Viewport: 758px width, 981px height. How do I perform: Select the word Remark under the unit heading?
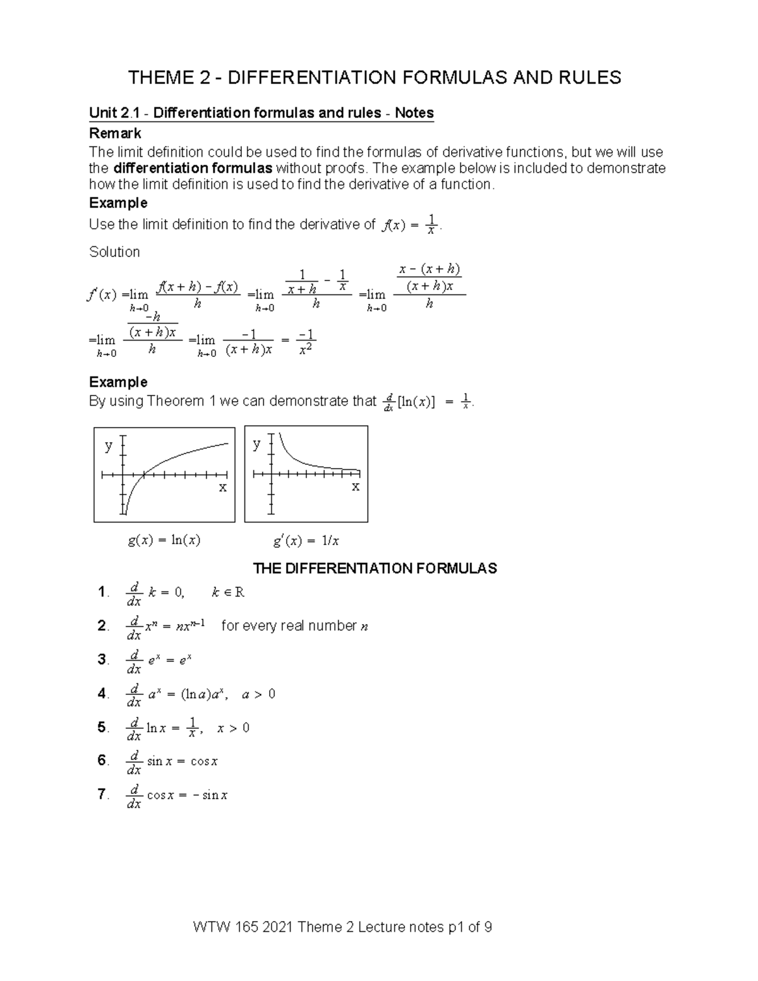click(115, 133)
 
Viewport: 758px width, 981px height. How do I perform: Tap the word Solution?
click(114, 252)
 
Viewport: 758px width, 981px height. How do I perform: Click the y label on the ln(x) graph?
click(109, 445)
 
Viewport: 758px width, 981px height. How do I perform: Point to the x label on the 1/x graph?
click(356, 486)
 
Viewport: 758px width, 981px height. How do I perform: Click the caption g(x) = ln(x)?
click(164, 541)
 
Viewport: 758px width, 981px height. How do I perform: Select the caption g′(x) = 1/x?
click(306, 541)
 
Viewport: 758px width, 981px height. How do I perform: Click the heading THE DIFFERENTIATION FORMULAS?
click(375, 569)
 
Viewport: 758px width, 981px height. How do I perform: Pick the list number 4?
click(102, 694)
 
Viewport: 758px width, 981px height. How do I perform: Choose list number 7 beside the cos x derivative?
click(102, 794)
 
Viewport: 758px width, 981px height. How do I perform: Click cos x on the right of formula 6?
click(204, 762)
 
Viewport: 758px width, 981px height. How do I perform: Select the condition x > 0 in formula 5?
click(233, 728)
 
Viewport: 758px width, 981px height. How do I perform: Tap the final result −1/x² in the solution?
click(306, 342)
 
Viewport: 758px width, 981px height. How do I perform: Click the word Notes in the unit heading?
click(414, 113)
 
